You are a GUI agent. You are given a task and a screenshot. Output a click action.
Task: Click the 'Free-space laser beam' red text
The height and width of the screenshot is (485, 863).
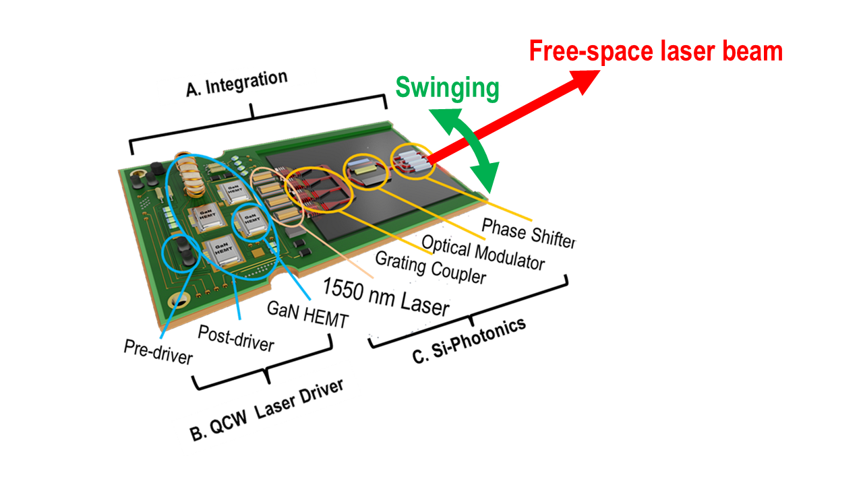point(655,51)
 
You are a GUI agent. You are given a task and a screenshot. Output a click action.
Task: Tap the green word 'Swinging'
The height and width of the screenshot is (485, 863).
point(447,88)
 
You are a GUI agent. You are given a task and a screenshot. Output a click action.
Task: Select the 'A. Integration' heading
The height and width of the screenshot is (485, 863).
point(237,84)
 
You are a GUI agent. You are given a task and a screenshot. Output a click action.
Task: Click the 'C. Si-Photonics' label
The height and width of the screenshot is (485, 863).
point(469,340)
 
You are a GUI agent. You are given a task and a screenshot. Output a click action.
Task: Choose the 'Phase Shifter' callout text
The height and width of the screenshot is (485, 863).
point(529,231)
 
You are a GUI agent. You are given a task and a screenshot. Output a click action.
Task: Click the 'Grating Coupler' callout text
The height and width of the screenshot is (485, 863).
point(430,267)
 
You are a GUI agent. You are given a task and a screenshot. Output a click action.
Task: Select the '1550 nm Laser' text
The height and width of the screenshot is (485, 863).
point(385,296)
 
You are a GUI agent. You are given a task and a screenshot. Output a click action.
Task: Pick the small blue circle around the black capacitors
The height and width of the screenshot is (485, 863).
point(184,253)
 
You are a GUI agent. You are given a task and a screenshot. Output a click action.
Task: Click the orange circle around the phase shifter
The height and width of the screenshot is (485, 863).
point(411,161)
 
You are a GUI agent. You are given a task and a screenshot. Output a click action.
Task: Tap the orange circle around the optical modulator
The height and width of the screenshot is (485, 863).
point(365,172)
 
